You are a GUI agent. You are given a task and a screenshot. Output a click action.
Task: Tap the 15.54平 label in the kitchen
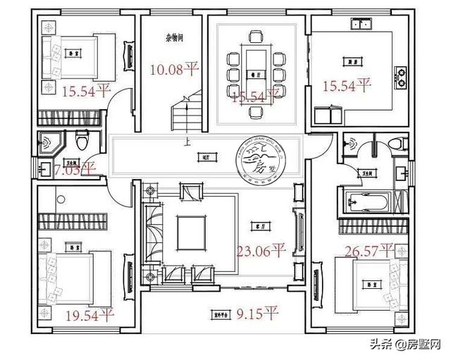[346, 86]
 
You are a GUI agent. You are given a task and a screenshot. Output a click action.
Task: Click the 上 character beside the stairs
[186, 141]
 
